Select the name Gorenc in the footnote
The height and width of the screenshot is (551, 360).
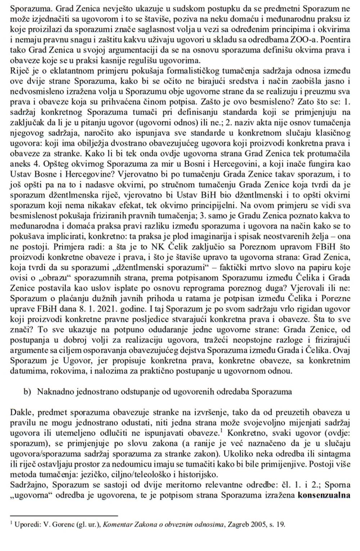pyautogui.click(x=62, y=525)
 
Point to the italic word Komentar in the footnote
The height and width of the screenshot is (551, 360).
pyautogui.click(x=117, y=525)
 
